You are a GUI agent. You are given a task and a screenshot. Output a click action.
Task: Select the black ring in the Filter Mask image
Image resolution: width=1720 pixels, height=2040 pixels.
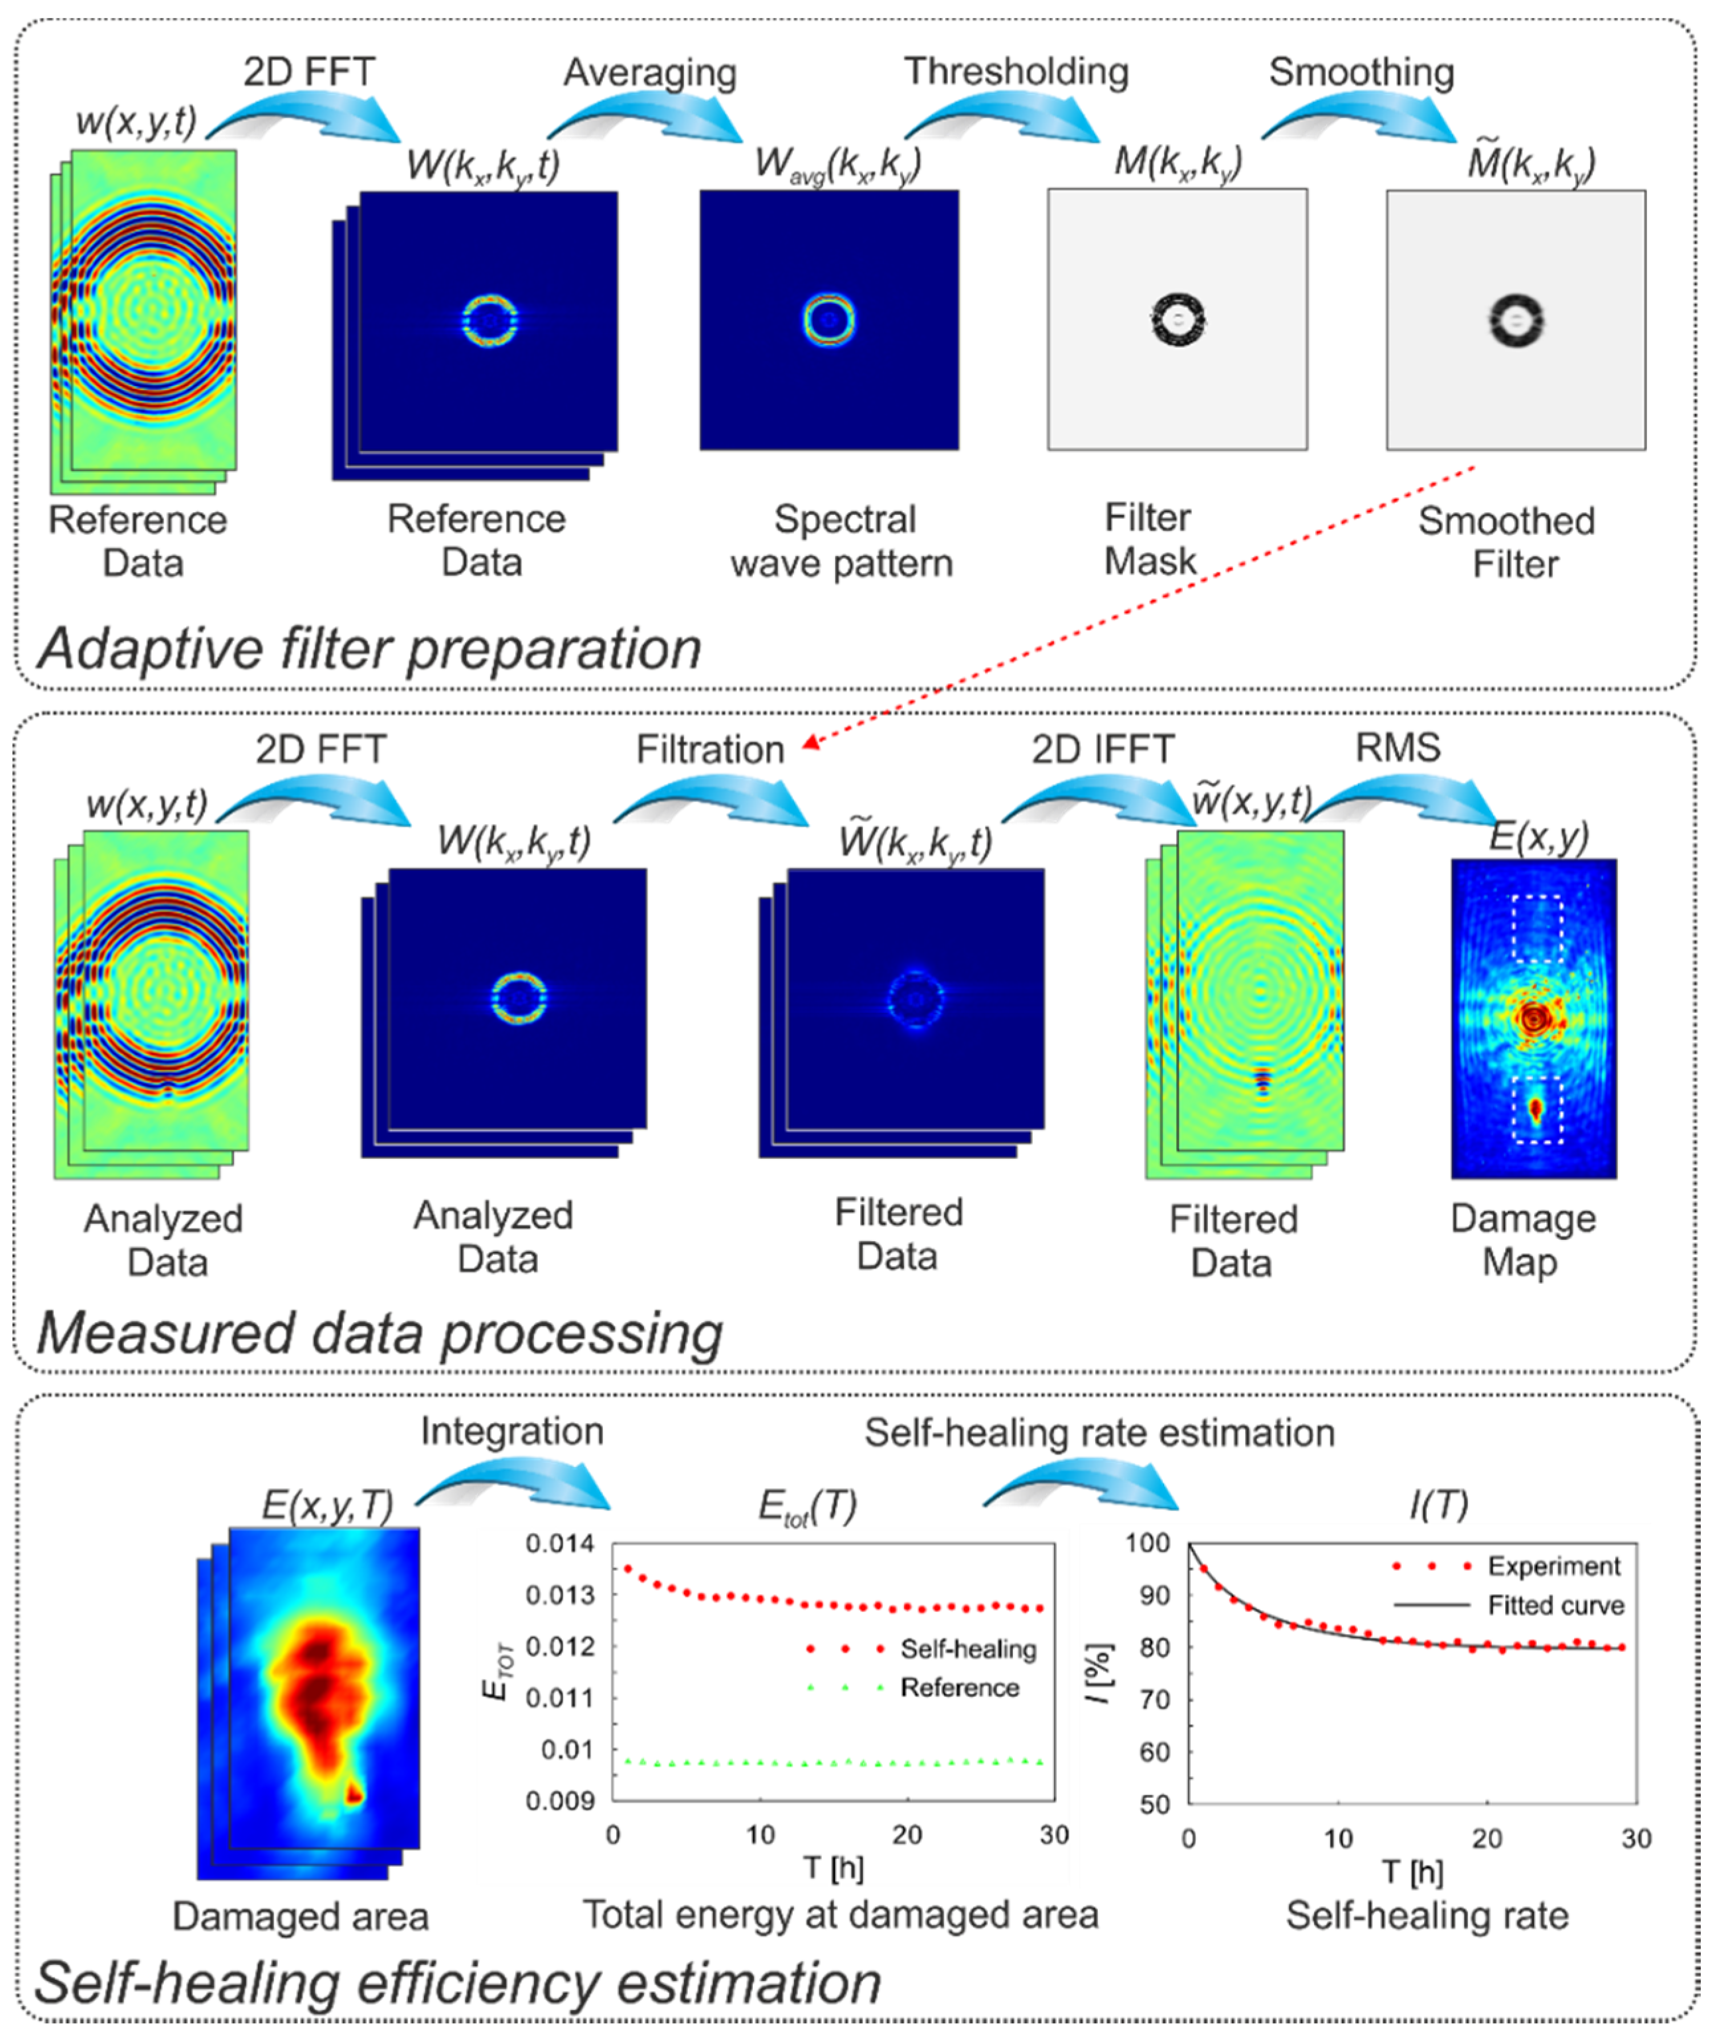pos(1178,320)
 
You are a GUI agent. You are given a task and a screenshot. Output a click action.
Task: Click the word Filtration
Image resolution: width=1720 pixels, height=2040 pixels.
pos(710,750)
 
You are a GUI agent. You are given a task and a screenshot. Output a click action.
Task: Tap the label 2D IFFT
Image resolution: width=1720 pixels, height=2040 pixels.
pos(1103,749)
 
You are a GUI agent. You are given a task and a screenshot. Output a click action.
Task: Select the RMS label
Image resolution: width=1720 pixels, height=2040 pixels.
pos(1397,748)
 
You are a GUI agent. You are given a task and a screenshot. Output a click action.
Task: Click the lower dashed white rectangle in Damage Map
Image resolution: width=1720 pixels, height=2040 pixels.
pos(1537,1109)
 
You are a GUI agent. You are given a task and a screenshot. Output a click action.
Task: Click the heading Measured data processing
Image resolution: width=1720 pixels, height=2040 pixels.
pos(378,1333)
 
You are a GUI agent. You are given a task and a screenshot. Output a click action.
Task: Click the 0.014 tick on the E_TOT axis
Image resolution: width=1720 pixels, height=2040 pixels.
pos(560,1544)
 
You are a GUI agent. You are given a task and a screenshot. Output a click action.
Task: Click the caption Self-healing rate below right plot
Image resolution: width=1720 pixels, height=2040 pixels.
pos(1427,1915)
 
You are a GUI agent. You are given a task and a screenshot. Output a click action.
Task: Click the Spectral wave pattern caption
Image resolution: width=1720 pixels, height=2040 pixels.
pos(842,541)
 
